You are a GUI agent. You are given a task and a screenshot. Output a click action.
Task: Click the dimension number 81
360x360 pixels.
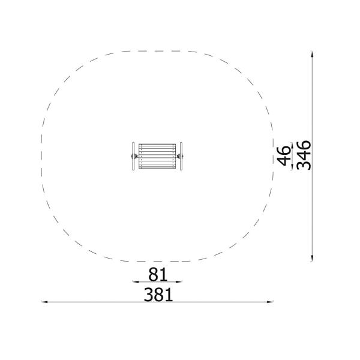click(x=158, y=274)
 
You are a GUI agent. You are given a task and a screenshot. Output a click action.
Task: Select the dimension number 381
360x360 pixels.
click(x=158, y=295)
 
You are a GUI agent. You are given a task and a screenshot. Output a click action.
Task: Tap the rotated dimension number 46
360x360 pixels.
click(x=284, y=156)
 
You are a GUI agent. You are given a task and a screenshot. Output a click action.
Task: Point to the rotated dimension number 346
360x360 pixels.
click(x=304, y=155)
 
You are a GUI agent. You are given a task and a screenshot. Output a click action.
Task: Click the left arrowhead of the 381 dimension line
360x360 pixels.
click(x=44, y=302)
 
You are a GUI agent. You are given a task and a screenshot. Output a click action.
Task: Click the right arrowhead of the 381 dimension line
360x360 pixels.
click(x=270, y=302)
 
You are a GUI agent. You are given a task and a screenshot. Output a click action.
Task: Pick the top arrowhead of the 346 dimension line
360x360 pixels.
click(x=312, y=54)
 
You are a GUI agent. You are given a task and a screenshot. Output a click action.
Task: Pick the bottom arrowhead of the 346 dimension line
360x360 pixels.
click(x=312, y=258)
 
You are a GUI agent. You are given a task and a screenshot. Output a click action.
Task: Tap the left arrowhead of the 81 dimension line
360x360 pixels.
click(x=136, y=282)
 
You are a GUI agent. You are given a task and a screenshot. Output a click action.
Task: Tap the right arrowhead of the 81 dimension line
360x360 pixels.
click(x=179, y=282)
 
